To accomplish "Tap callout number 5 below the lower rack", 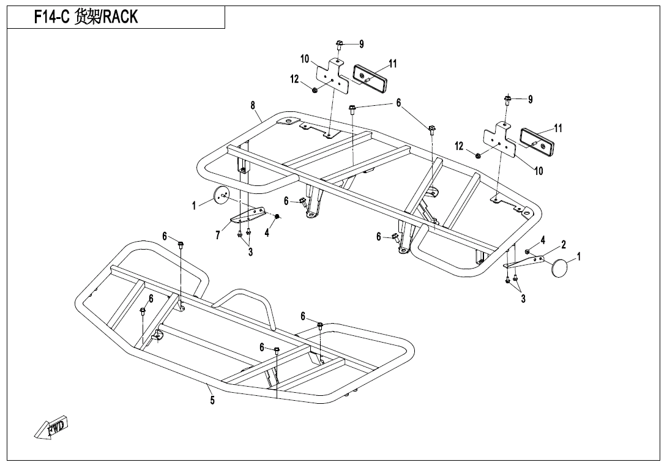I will (x=212, y=401).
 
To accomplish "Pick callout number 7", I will (x=218, y=236).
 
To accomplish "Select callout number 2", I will (x=564, y=245).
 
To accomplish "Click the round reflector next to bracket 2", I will (x=561, y=268).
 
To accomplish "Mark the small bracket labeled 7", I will (x=248, y=217).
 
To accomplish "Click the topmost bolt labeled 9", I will (x=340, y=44).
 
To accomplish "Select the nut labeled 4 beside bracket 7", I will (x=277, y=217).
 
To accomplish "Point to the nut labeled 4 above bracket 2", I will (x=527, y=251).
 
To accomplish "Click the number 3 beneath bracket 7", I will (x=250, y=253).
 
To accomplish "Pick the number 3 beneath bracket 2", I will (x=523, y=299).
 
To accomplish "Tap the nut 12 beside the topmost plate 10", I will (x=315, y=91).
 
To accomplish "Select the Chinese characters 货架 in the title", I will (x=86, y=18).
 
